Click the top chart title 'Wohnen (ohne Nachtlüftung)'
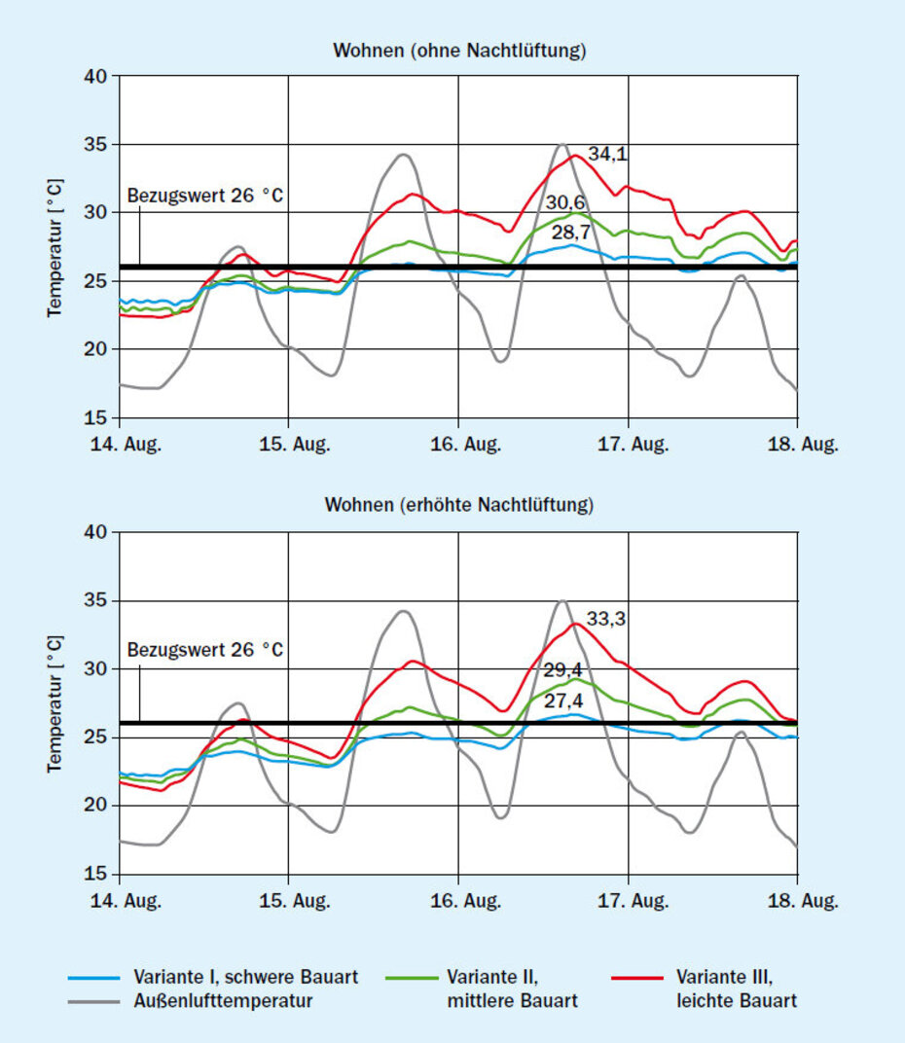click(459, 51)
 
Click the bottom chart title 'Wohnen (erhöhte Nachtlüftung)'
click(459, 505)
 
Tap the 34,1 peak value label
click(607, 154)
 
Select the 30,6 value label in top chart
click(564, 202)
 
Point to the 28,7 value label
click(571, 233)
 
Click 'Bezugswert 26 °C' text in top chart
click(205, 194)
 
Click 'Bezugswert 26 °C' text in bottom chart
click(205, 649)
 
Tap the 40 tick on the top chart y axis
click(96, 77)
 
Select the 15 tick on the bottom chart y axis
click(96, 874)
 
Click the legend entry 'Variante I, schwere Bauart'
click(246, 977)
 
